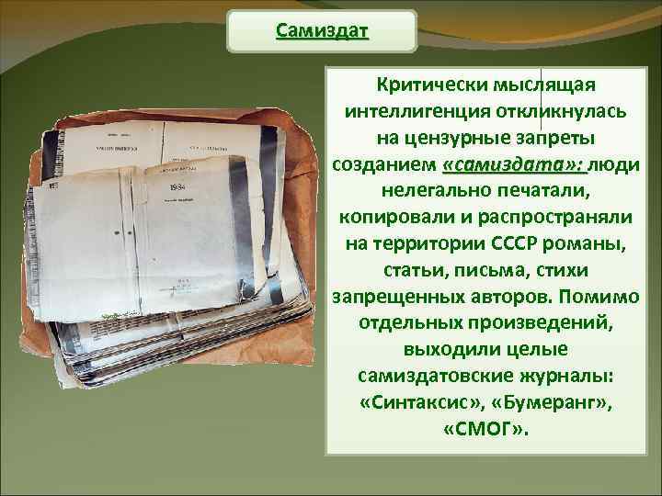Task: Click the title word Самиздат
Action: (x=322, y=32)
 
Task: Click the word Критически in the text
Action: (x=426, y=85)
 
